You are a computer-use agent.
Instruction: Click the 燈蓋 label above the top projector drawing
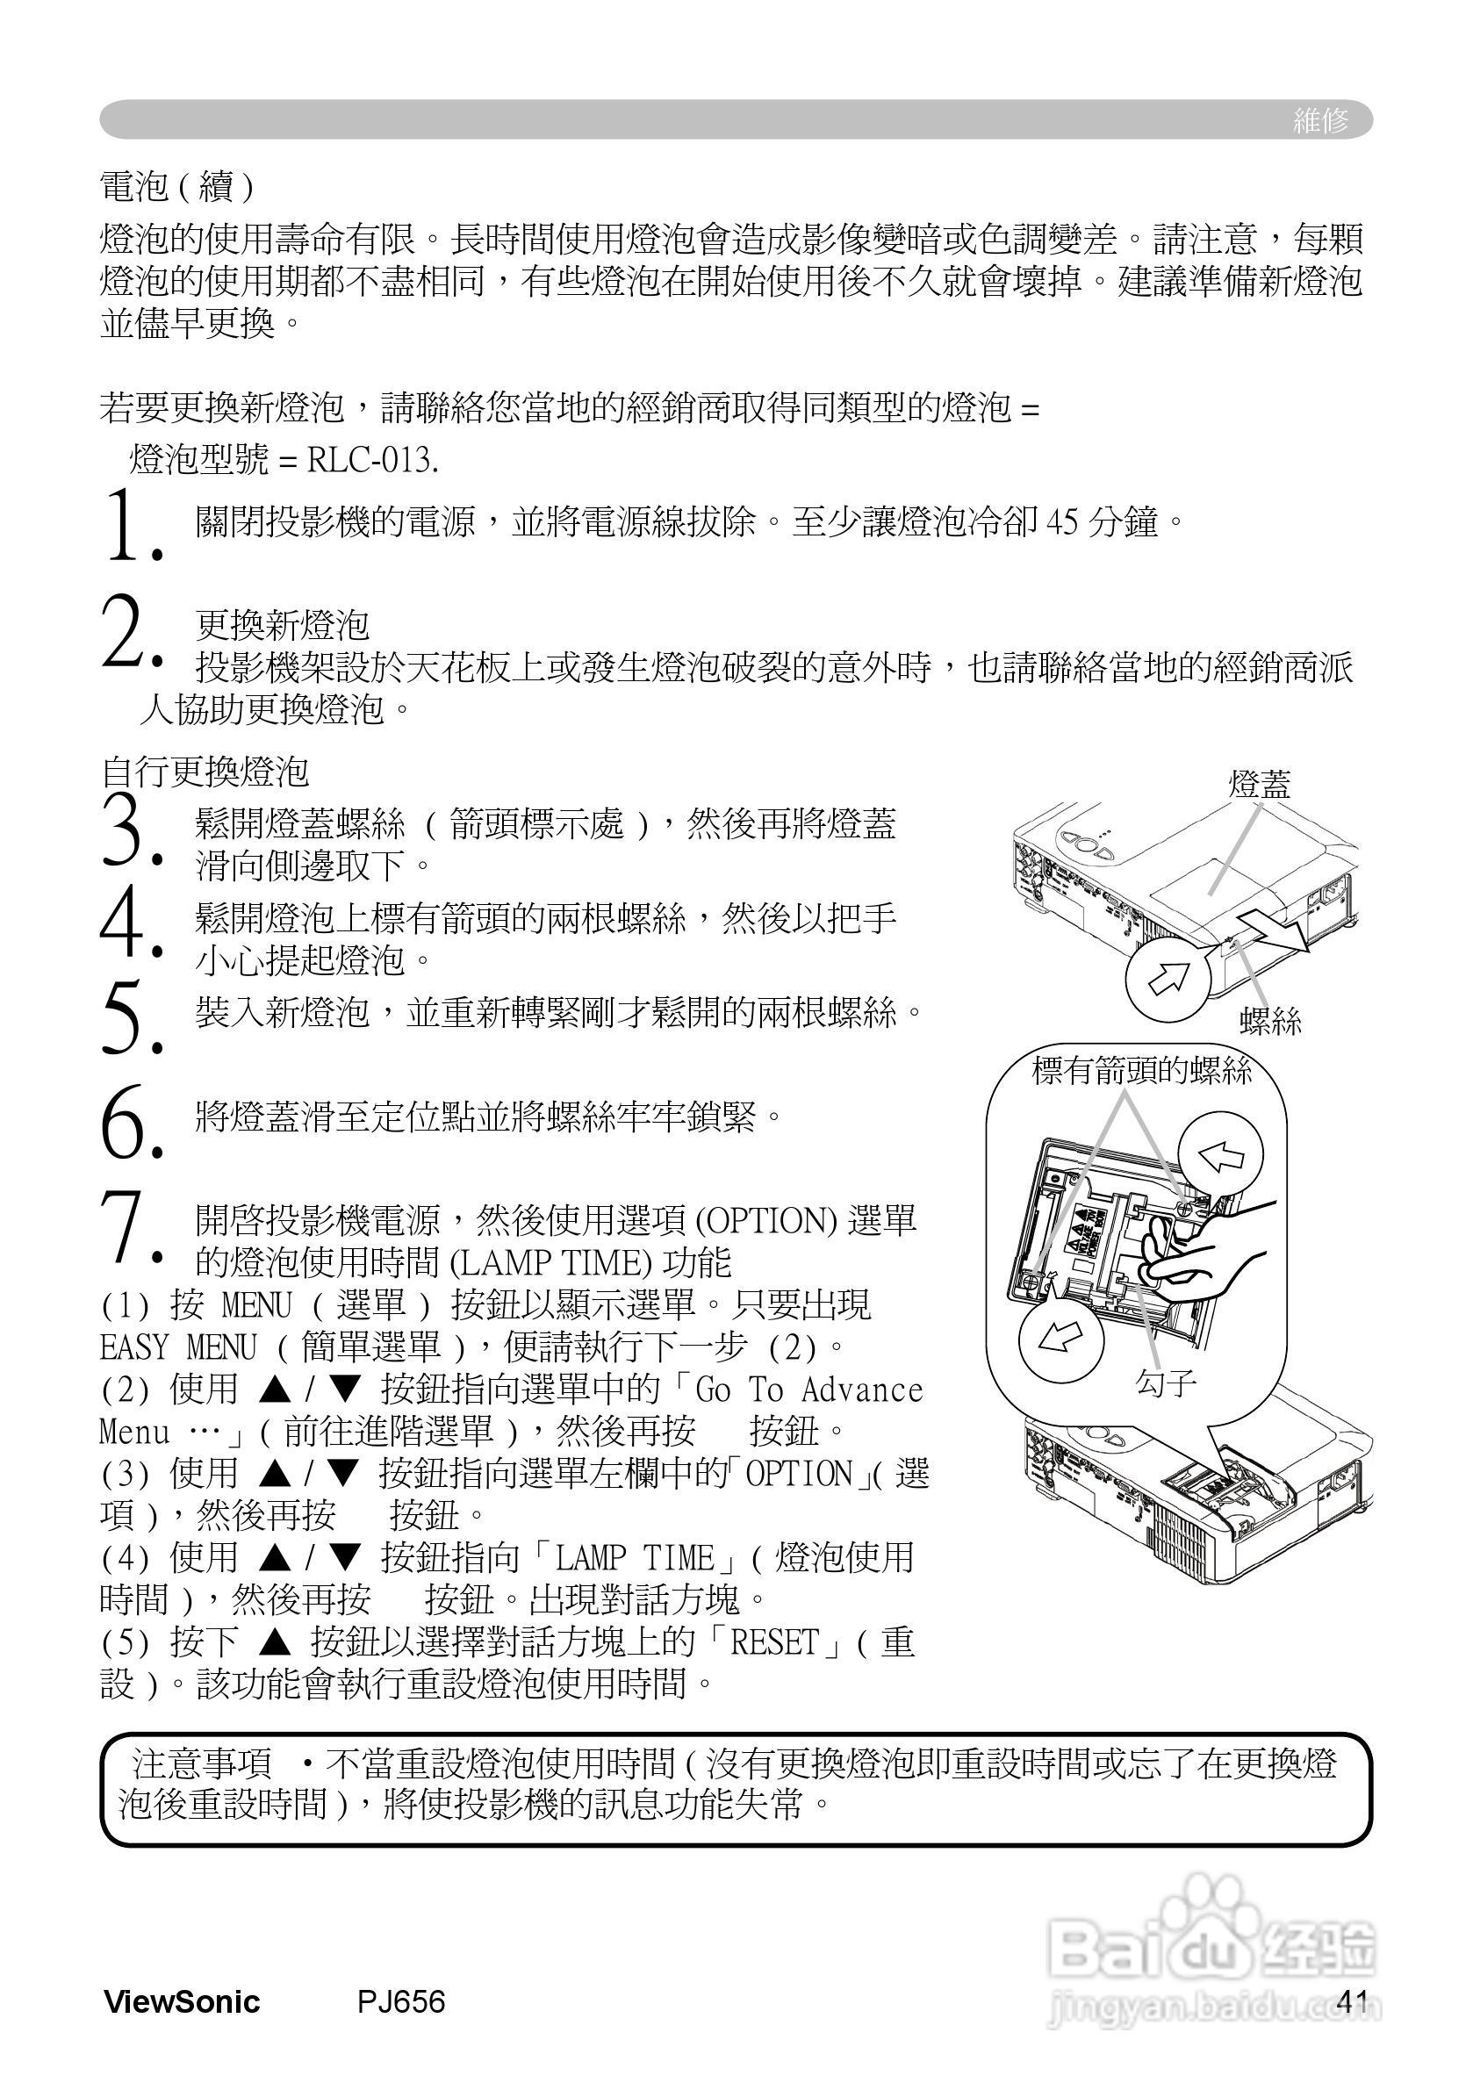click(x=1259, y=785)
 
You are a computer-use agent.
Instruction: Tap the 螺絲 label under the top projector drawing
click(x=1271, y=1022)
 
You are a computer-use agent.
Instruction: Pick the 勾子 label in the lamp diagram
click(x=1165, y=1383)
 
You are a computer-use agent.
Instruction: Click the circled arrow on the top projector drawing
click(x=1168, y=979)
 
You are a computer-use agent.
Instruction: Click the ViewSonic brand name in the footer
click(x=182, y=2001)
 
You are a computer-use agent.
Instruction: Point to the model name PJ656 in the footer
click(x=400, y=2001)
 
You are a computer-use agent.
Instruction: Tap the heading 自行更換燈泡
click(x=205, y=772)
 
